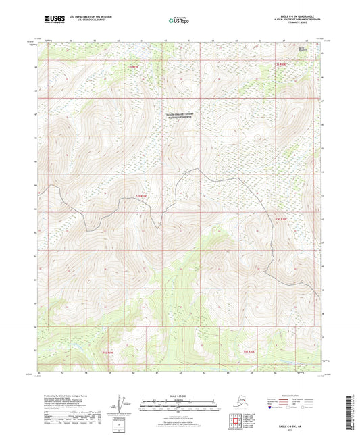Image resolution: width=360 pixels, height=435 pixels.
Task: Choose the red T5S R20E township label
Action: tap(249, 351)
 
